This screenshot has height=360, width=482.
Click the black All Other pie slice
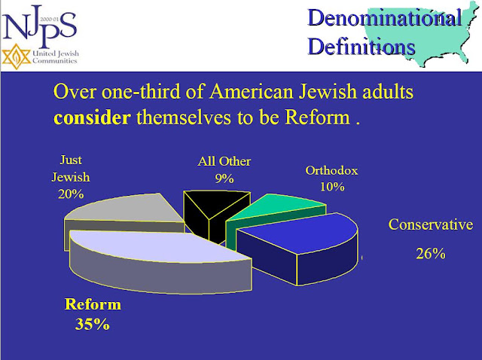215,212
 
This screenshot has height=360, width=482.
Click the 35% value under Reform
92,325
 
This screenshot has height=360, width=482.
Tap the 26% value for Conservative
431,254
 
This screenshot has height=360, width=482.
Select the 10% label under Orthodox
332,187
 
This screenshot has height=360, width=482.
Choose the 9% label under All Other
224,178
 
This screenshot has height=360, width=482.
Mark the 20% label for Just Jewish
71,194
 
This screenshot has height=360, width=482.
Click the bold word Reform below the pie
93,304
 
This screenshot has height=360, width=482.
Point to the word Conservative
431,224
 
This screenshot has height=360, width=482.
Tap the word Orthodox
331,170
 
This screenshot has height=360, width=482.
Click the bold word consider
92,117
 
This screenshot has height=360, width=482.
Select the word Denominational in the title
385,18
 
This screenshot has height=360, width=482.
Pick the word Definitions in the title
361,47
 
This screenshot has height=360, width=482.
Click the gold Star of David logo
17,56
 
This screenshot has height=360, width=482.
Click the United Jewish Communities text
55,57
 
